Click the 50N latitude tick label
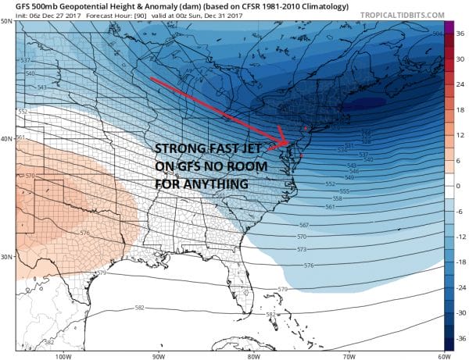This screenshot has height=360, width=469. tap(8, 21)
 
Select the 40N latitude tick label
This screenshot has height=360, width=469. tap(8, 139)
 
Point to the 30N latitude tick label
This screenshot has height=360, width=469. tap(8, 257)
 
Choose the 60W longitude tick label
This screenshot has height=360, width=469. tap(443, 356)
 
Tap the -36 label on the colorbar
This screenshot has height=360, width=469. tap(460, 337)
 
